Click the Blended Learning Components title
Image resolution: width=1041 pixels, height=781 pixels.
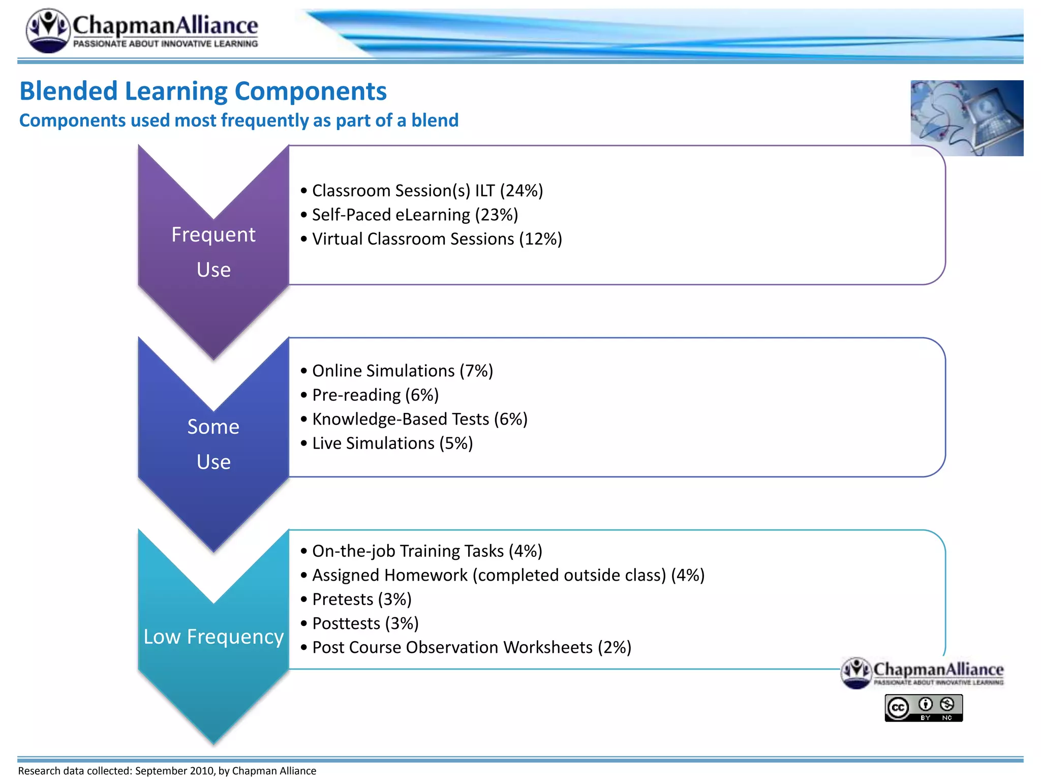click(x=203, y=92)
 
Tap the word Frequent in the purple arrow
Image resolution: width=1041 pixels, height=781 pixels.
click(x=213, y=235)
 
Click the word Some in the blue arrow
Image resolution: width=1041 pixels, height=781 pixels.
click(x=213, y=427)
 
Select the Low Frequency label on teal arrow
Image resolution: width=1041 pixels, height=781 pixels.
click(x=213, y=637)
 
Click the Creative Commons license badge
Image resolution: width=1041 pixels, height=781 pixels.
click(x=924, y=708)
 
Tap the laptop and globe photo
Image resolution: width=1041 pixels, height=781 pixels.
click(x=967, y=118)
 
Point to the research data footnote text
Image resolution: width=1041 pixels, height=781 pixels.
click(x=167, y=771)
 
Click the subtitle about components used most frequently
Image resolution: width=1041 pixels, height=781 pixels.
click(x=239, y=121)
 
